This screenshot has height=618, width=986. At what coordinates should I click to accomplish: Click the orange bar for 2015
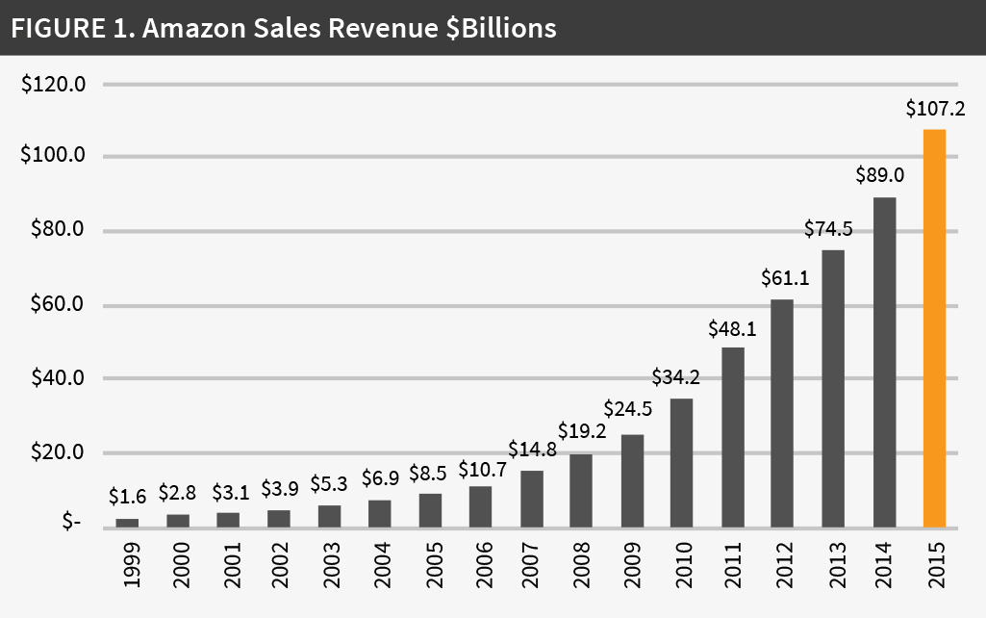934,328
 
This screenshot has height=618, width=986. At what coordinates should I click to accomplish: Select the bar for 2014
883,362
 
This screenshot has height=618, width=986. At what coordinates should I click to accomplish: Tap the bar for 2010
682,463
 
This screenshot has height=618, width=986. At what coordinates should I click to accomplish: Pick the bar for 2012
783,413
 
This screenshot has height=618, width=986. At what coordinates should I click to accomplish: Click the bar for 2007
531,499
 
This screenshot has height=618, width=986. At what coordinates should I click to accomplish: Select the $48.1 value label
732,327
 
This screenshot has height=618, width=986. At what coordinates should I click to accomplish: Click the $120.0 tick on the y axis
54,85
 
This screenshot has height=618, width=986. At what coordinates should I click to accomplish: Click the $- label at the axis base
72,522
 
